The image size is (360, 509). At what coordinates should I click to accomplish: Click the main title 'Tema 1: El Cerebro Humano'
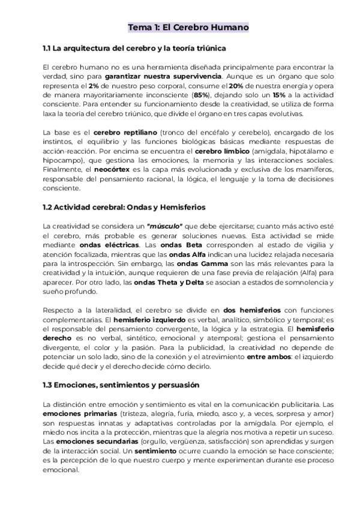click(x=188, y=28)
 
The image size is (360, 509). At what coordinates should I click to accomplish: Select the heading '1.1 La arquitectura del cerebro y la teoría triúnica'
click(x=134, y=47)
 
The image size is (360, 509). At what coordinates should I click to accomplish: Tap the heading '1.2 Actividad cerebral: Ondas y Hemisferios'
click(x=124, y=207)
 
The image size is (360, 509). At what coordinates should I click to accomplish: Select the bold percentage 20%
click(x=237, y=86)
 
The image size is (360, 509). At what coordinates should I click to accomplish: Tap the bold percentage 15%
click(x=279, y=95)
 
